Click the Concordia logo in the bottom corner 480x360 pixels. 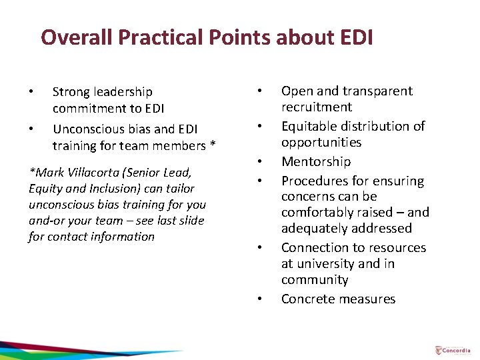click(453, 350)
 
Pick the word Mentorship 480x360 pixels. click(316, 161)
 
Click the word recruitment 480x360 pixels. click(317, 107)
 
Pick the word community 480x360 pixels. click(315, 280)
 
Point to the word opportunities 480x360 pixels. click(321, 142)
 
